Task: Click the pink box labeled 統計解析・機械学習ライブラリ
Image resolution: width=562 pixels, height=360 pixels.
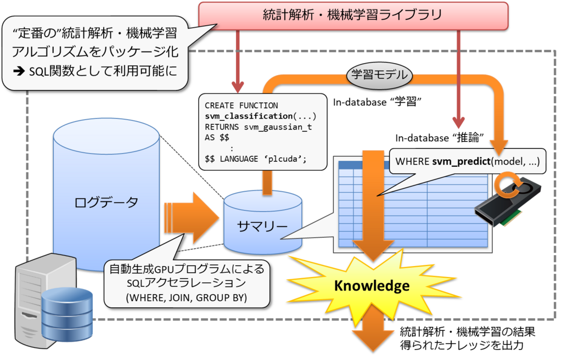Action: [352, 15]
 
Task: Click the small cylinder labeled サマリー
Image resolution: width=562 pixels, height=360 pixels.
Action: [262, 225]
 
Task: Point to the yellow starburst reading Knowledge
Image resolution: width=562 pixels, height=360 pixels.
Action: [372, 286]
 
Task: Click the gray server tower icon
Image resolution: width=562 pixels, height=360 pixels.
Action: [33, 299]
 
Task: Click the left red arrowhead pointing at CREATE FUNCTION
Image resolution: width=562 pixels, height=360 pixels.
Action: [238, 87]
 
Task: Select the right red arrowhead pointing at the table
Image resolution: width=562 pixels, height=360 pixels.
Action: [458, 122]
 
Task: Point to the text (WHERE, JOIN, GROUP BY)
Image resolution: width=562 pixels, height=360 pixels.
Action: [186, 298]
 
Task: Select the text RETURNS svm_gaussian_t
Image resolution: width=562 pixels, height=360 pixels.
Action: [258, 126]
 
